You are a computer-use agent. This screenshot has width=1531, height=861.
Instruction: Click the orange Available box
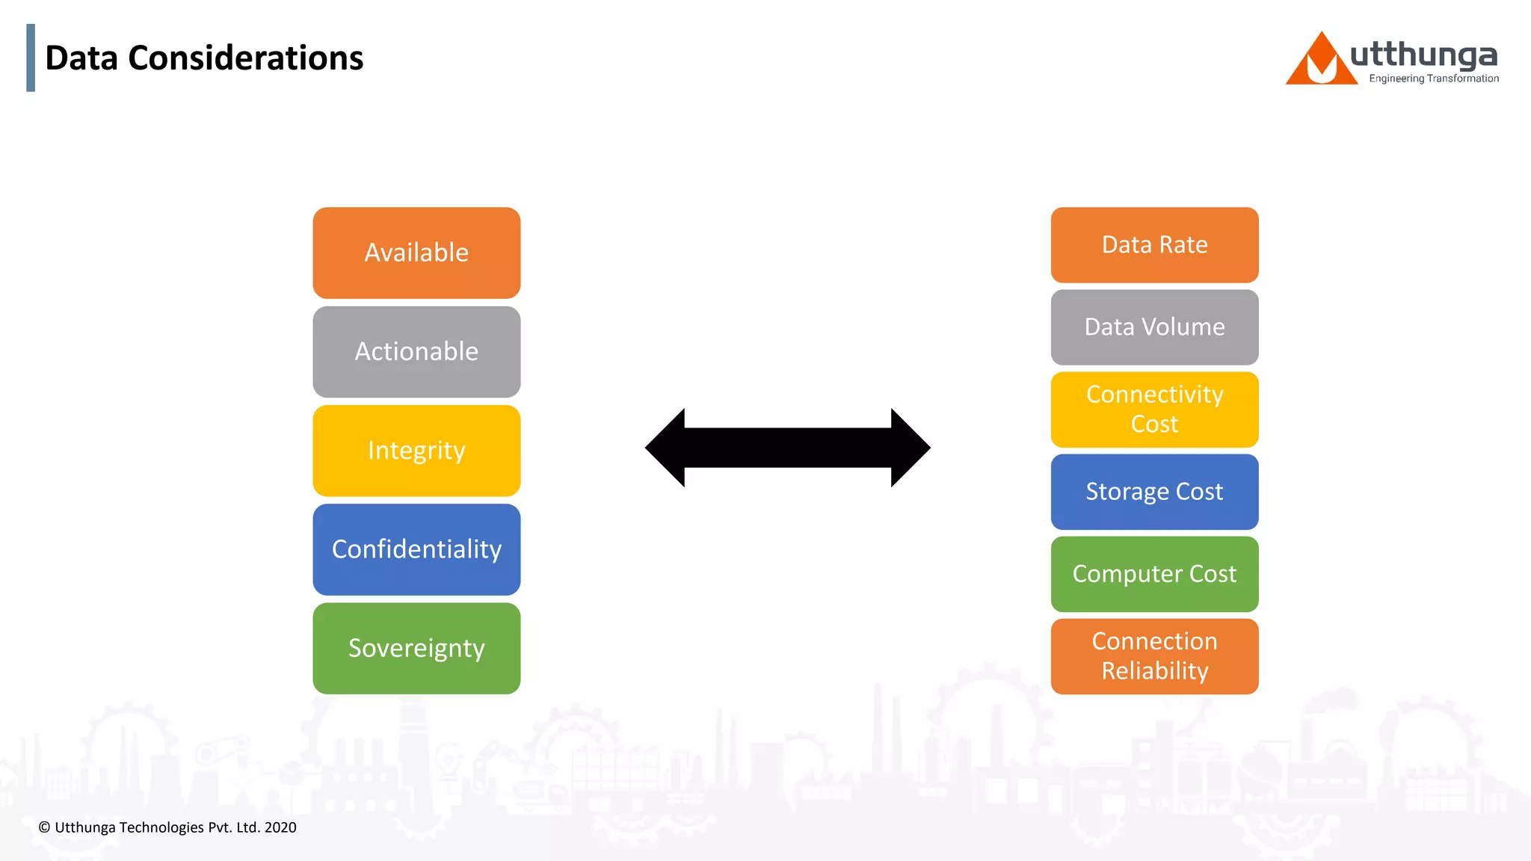[x=416, y=253]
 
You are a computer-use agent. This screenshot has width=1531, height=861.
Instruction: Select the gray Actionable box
[x=416, y=352]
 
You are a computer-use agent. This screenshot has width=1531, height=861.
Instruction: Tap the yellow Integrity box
[x=416, y=451]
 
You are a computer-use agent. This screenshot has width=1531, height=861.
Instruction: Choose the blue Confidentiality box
[x=416, y=549]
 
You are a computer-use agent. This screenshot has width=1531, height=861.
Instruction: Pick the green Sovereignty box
[x=416, y=648]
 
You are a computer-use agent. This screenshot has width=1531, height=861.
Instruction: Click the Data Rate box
[x=1154, y=245]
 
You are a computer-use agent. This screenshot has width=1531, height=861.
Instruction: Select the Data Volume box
[x=1154, y=327]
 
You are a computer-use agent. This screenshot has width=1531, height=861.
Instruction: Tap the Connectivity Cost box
[x=1154, y=410]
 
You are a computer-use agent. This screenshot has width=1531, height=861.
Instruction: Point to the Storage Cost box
[x=1154, y=492]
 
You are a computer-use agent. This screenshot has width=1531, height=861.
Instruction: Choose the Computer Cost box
[x=1154, y=574]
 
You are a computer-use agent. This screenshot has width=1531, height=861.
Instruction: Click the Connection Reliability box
[x=1154, y=656]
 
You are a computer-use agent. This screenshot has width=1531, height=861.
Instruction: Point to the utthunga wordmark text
[x=1423, y=55]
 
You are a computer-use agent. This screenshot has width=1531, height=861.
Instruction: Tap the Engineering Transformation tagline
[x=1433, y=78]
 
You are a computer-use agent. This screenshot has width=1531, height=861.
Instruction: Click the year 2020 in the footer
[x=280, y=827]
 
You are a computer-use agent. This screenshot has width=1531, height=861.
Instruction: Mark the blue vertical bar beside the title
[x=31, y=58]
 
